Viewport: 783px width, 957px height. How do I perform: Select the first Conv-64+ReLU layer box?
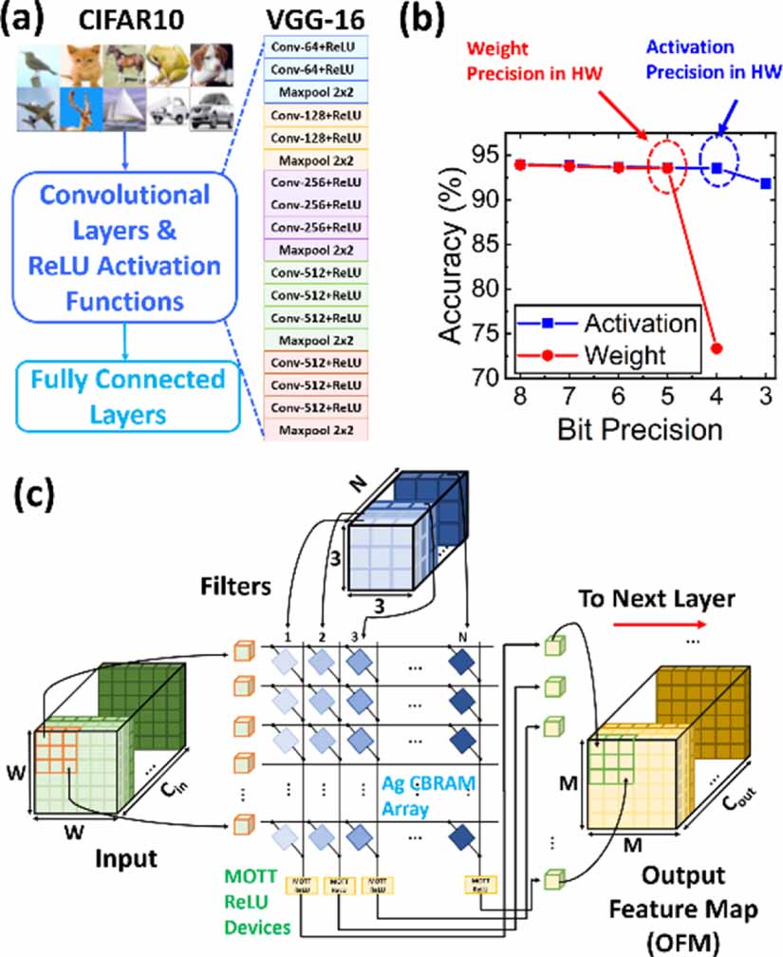(312, 47)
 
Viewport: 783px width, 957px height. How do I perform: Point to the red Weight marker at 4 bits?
(717, 348)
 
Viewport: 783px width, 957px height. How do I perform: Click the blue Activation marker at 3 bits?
(765, 183)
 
